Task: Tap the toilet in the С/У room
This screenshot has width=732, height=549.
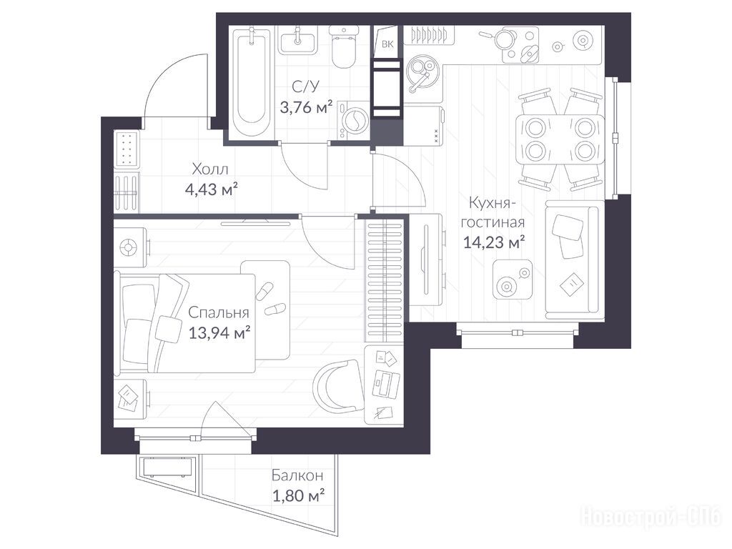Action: pos(344,46)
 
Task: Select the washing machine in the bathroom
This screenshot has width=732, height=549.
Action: pos(353,119)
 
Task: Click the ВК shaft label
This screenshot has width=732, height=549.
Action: pos(387,44)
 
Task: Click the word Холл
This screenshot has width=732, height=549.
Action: pos(210,169)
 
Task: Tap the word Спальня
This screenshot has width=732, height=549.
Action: pos(219,312)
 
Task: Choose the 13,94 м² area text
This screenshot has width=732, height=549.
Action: pos(219,333)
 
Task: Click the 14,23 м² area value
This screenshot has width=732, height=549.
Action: pos(494,242)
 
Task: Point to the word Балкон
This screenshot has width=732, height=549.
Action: pos(297,475)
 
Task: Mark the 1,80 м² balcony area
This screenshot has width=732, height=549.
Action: pos(298,495)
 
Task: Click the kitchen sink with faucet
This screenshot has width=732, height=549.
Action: pos(422,75)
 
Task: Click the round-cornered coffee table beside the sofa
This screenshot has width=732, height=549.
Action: pos(513,280)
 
